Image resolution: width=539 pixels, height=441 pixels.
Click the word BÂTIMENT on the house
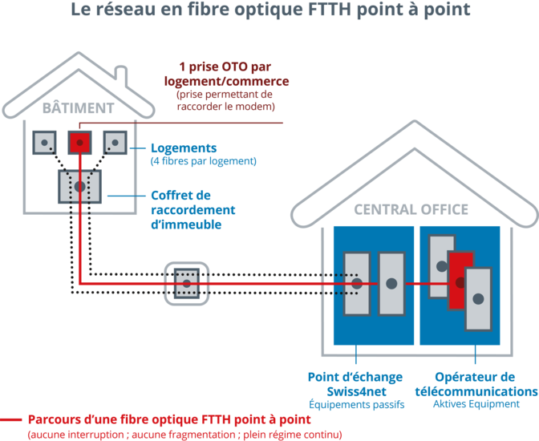tap(78, 107)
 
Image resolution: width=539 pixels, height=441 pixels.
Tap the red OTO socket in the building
tap(79, 143)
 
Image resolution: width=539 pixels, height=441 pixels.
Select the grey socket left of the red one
tap(43, 143)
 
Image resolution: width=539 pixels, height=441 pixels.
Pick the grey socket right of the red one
tap(115, 143)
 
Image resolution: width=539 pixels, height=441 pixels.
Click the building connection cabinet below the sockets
tap(79, 186)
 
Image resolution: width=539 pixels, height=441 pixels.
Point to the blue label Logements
tap(184, 148)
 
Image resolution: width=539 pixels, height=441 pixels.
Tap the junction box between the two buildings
tap(186, 282)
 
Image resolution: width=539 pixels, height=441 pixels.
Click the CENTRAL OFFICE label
tap(411, 209)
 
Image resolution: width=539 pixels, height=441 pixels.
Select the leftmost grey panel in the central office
tap(356, 283)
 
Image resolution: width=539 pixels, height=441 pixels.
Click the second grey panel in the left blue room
tap(391, 283)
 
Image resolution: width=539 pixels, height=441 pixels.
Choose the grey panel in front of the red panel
tap(478, 298)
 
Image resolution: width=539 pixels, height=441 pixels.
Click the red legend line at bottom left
tap(11, 419)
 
